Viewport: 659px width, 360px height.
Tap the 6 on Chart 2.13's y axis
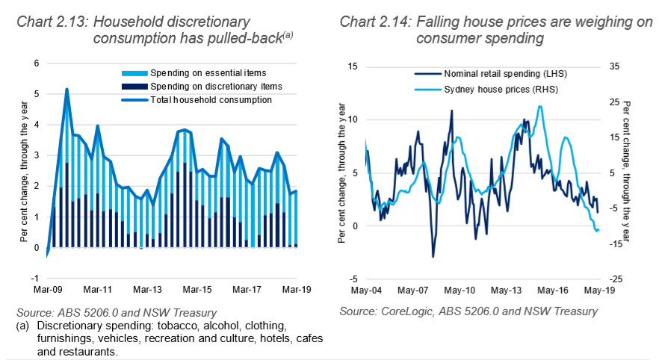(34, 63)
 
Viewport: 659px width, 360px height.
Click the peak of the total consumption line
(67, 89)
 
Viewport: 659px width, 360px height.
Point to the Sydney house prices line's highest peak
(540, 106)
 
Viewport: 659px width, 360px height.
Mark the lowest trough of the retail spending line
(433, 257)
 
